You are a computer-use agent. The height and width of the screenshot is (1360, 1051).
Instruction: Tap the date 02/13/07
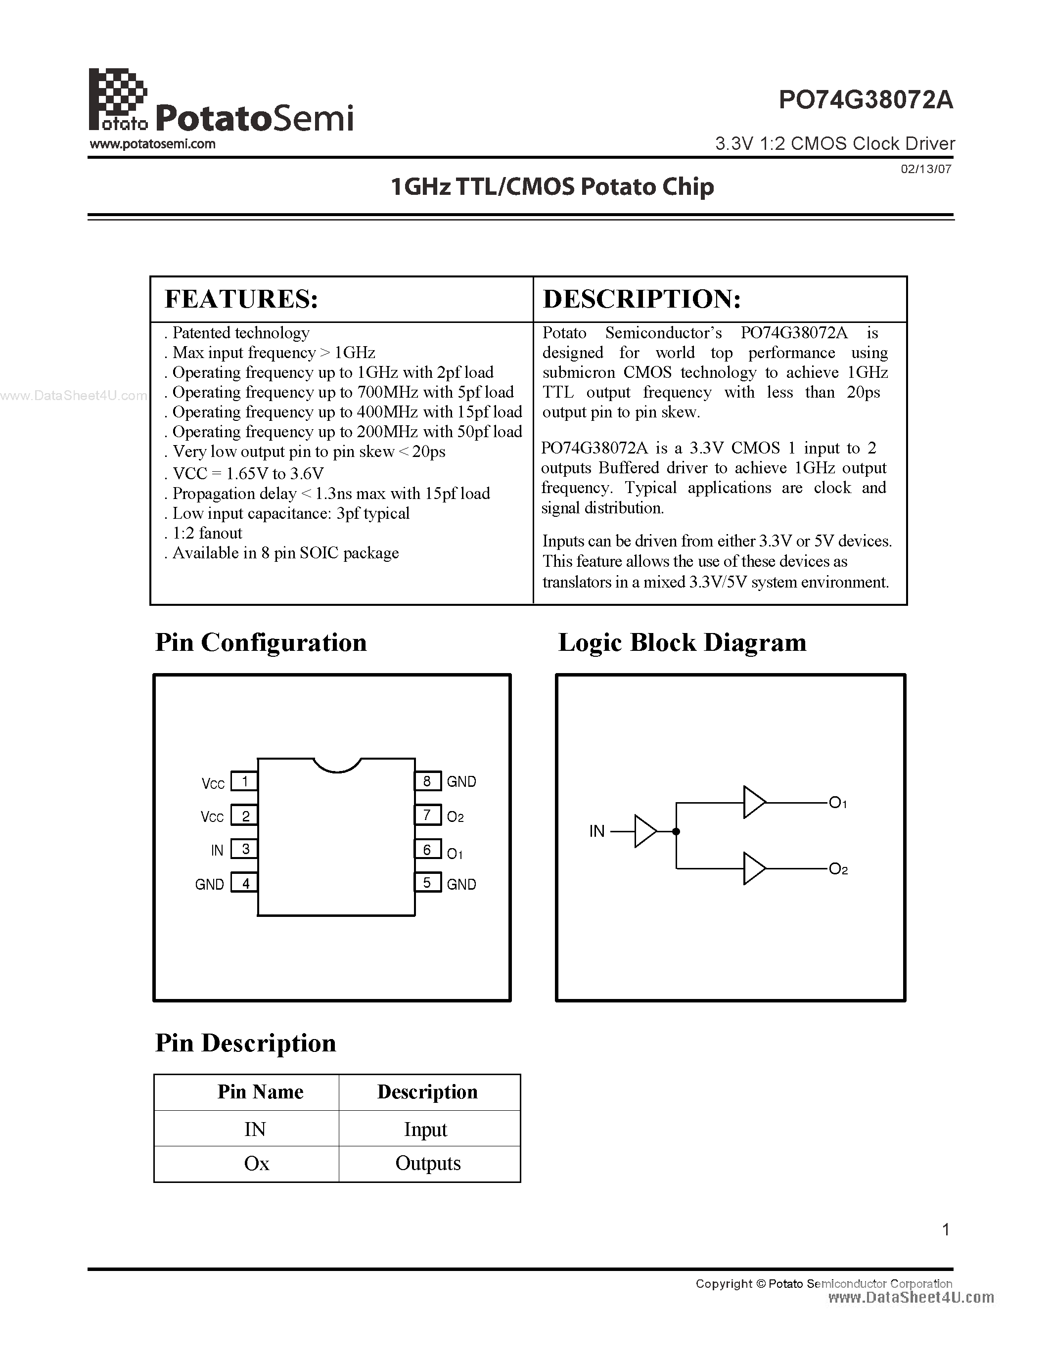point(926,169)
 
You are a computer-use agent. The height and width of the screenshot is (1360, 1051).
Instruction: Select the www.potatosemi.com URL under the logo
point(152,144)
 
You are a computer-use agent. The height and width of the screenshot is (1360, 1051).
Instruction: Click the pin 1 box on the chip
point(245,781)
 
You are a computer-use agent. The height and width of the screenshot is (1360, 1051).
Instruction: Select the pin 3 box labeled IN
point(245,849)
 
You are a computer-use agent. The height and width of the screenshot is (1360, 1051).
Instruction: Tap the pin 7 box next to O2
point(427,815)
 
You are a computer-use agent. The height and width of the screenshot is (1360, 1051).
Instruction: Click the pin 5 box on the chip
point(427,883)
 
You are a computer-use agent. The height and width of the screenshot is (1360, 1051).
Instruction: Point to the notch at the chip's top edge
point(337,765)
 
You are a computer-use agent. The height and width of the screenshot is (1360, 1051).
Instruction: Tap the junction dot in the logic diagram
point(676,831)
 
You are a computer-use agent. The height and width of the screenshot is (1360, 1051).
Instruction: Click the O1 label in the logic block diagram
point(838,803)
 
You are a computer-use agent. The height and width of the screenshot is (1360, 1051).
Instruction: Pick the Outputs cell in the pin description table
point(428,1163)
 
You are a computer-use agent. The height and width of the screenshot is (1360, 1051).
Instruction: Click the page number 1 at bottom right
point(946,1229)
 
